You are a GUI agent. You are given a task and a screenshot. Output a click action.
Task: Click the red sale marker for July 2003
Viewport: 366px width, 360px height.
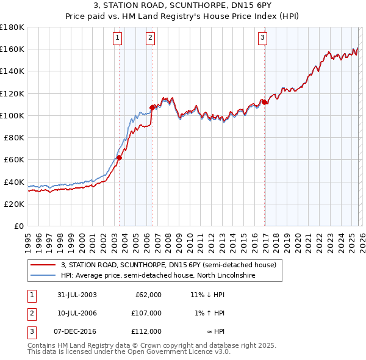click(120, 157)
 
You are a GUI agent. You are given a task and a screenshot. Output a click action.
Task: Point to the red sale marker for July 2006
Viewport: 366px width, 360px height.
click(152, 107)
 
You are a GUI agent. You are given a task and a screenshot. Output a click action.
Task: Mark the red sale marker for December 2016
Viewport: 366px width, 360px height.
click(265, 102)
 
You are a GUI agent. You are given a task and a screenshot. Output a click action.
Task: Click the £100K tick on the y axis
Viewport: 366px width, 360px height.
click(12, 115)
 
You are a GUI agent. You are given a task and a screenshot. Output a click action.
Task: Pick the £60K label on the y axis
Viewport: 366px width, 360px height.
click(14, 160)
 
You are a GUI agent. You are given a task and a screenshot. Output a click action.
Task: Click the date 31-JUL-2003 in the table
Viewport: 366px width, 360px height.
click(77, 295)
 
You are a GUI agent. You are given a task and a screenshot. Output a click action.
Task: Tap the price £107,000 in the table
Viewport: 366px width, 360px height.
click(146, 313)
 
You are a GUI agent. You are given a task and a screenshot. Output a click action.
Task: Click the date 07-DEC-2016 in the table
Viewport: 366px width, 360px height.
click(77, 331)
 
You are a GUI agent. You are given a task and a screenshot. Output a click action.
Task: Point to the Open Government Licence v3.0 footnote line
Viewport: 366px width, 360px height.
click(129, 351)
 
